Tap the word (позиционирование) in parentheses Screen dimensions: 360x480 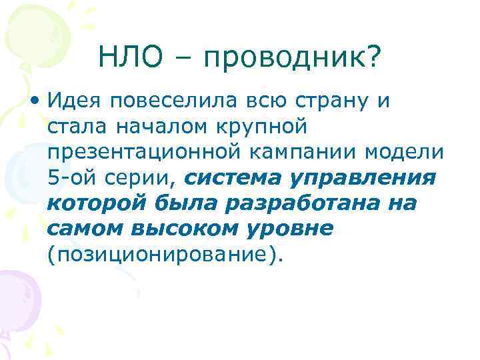(x=163, y=254)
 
